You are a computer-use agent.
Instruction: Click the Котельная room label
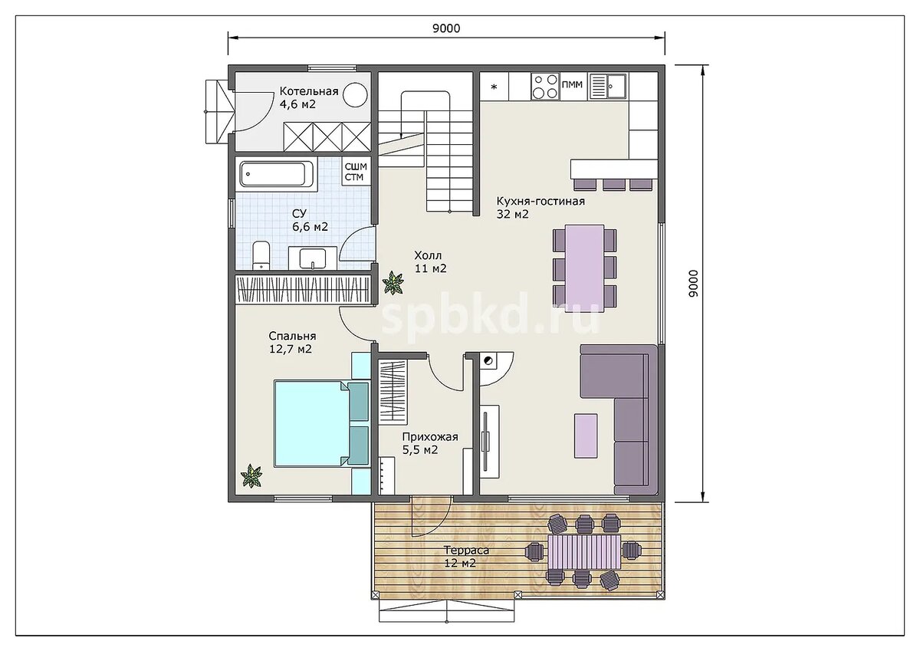(309, 91)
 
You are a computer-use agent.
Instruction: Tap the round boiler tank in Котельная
(355, 95)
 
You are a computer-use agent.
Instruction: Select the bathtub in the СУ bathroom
(278, 174)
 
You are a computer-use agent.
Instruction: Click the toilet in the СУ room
(261, 255)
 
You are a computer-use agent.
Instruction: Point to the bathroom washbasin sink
(313, 258)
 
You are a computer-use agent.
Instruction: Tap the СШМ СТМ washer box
(356, 172)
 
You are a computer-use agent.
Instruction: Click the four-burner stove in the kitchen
(545, 87)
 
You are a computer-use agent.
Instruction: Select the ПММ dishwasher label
(572, 84)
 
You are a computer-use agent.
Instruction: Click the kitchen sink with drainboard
(607, 87)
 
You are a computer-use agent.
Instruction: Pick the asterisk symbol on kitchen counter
(494, 87)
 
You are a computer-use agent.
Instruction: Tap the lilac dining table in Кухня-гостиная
(584, 268)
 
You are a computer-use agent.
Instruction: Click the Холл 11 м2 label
(430, 262)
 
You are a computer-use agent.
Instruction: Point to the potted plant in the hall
(393, 283)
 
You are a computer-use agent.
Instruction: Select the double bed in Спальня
(321, 423)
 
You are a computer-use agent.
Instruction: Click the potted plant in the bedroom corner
(251, 475)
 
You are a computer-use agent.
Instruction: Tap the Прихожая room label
(430, 437)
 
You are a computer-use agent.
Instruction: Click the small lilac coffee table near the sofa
(586, 436)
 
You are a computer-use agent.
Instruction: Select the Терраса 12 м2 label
(466, 556)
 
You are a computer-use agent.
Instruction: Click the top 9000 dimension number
(446, 28)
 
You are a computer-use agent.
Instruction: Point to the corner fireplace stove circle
(488, 361)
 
